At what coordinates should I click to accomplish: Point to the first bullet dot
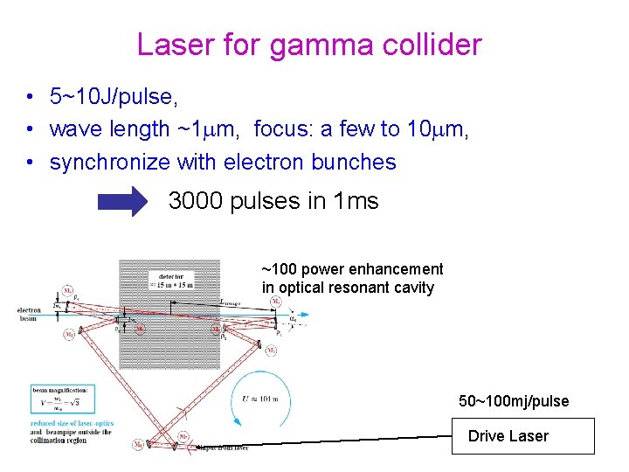[x=30, y=96]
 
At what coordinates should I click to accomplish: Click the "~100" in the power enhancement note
[x=279, y=269]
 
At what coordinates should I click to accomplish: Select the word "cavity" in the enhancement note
[x=412, y=288]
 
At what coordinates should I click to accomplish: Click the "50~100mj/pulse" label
[x=514, y=401]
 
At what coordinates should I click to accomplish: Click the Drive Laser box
[x=522, y=435]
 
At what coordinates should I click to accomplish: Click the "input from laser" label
[x=222, y=448]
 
